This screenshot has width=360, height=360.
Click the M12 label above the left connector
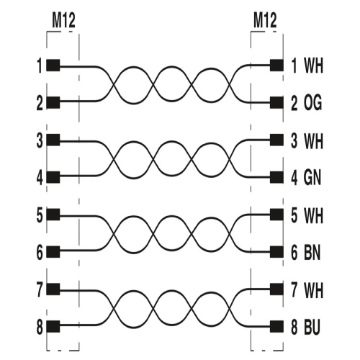tap(63, 21)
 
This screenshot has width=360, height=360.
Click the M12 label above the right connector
tap(265, 21)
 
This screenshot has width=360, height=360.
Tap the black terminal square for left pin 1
tap(53, 66)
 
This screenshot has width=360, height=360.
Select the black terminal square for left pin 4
tap(53, 177)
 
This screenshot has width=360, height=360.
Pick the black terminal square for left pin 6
tap(53, 252)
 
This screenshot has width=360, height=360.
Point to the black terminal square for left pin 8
tap(53, 326)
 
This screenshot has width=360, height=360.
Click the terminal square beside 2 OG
tap(276, 103)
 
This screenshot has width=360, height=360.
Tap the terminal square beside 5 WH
tap(276, 215)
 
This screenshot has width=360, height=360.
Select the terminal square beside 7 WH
tap(276, 289)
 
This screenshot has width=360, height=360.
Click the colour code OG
tap(312, 103)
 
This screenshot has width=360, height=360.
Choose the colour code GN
tap(312, 178)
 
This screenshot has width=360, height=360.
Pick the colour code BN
tap(312, 253)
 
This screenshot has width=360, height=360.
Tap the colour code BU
tap(312, 327)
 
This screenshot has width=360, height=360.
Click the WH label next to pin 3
tap(313, 141)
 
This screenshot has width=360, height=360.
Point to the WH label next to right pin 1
tap(313, 66)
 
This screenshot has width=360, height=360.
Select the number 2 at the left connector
tap(40, 104)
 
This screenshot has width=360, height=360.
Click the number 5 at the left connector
tap(40, 215)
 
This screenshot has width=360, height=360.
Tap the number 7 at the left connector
tap(40, 289)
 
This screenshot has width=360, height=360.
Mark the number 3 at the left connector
tap(40, 140)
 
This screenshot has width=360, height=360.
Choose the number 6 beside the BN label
tap(294, 253)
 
